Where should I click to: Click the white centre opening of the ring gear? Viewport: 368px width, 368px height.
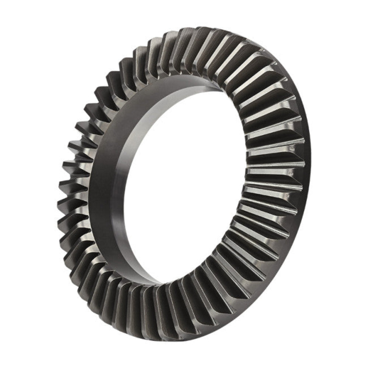pos(184,184)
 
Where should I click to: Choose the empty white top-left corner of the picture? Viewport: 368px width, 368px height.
pos(15,15)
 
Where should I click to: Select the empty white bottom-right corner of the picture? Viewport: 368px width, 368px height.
pos(353,353)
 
